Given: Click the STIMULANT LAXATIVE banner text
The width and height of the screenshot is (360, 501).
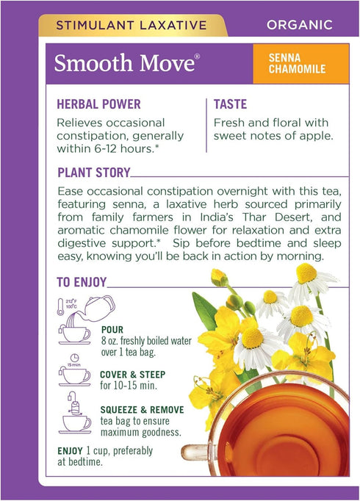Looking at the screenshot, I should tap(122, 25).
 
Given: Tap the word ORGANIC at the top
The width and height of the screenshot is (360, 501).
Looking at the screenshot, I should tap(300, 25).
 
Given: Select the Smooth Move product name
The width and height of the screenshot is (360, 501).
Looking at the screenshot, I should tap(126, 63).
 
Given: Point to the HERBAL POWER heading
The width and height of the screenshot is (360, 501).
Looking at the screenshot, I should tap(99, 105).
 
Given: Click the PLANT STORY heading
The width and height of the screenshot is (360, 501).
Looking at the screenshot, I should tap(93, 173).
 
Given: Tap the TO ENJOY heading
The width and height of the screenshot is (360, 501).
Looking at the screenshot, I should tap(82, 282).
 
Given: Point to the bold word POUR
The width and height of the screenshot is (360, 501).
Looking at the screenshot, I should tap(114, 330).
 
